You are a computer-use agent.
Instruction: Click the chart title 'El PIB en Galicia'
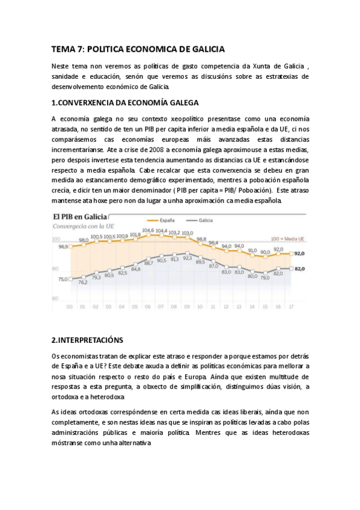click(80, 217)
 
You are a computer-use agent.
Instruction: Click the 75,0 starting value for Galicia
click(63, 278)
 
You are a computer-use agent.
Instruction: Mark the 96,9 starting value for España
click(63, 247)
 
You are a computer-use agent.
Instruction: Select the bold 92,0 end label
click(299, 254)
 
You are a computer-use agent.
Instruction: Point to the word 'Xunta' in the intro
click(251, 66)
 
